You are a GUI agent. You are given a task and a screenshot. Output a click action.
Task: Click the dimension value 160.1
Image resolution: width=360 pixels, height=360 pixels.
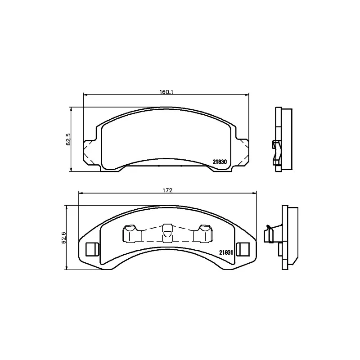click(166, 92)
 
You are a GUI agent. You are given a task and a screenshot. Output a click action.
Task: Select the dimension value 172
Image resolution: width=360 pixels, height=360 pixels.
click(167, 190)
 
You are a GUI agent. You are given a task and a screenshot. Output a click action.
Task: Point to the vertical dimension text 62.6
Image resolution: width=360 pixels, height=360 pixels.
click(64, 237)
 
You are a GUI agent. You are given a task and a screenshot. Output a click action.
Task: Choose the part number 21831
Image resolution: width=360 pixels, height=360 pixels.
click(225, 253)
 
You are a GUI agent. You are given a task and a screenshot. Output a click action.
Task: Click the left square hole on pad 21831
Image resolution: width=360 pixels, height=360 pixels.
click(91, 249)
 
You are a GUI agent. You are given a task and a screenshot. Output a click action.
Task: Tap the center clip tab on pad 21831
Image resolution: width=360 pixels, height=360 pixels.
click(167, 232)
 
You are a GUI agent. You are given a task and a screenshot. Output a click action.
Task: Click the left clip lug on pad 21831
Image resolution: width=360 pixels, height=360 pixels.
click(131, 234)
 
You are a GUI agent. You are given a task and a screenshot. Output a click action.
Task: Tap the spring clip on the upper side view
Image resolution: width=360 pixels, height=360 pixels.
click(277, 150)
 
